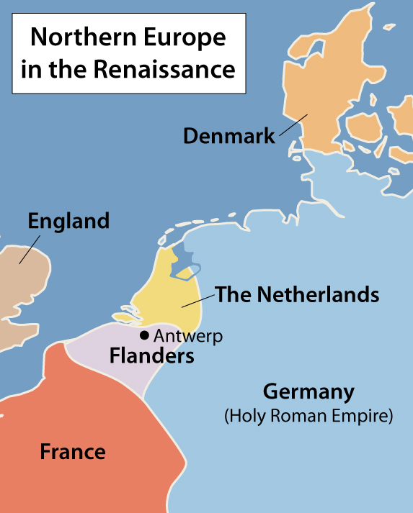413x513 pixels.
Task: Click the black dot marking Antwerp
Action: pos(145,335)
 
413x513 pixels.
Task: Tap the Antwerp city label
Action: pos(188,336)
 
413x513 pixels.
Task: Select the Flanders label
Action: pos(151,355)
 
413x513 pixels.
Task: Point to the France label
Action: pos(72,452)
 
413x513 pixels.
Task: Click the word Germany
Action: pos(308,393)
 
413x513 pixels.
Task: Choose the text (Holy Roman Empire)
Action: pos(308,416)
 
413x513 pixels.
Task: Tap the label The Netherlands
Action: pos(297,294)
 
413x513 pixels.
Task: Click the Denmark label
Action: pos(228,135)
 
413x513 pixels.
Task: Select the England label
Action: pos(68,221)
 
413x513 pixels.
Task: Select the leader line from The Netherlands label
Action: pos(197,301)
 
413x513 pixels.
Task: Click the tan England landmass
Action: pos(22,288)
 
